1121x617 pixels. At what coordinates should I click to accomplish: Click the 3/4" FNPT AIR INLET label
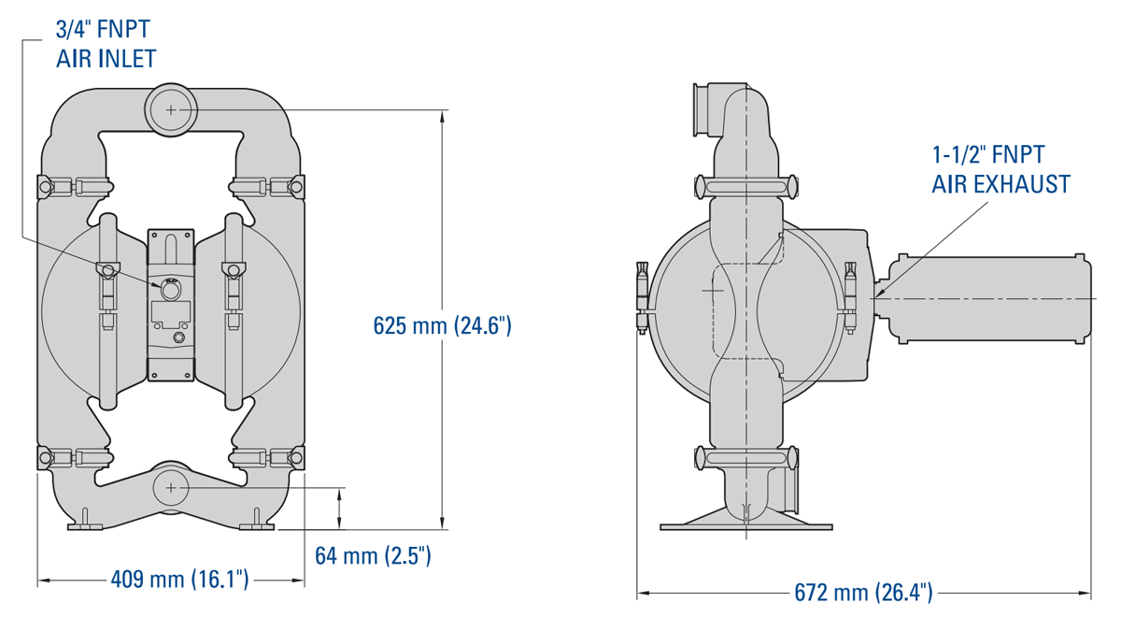click(106, 44)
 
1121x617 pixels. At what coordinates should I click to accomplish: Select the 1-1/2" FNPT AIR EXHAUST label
click(1000, 169)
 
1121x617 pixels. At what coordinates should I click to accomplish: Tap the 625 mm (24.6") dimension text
click(443, 325)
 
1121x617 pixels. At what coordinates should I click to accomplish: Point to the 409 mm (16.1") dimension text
click(179, 580)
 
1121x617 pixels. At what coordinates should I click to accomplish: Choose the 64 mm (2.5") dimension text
click(373, 556)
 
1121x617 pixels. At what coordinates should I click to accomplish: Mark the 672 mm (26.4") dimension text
click(864, 593)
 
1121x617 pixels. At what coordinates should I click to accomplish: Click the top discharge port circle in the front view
click(171, 109)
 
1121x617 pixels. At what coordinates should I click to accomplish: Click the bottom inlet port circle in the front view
click(171, 487)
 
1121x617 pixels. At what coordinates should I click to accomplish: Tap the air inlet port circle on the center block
click(170, 290)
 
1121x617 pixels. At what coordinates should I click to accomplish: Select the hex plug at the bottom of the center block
click(178, 337)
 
